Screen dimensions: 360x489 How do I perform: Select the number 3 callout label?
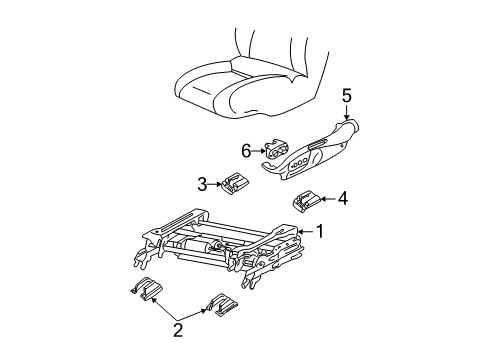(202, 183)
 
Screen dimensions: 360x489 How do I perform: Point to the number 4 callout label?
(342, 199)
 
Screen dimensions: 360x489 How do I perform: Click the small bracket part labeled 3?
(236, 183)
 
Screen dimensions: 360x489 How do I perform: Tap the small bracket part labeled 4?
(306, 202)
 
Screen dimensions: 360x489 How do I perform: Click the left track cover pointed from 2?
(146, 291)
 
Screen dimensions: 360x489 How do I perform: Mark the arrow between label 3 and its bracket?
(216, 183)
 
